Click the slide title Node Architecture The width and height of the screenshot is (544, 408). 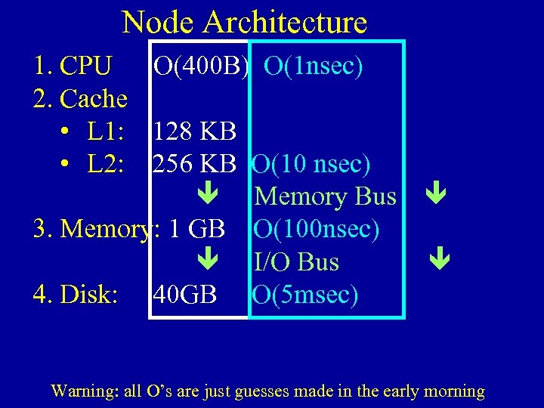tap(244, 23)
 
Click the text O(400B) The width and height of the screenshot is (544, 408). tap(200, 66)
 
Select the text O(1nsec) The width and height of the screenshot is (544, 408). tap(314, 66)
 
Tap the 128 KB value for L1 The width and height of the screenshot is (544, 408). tap(194, 131)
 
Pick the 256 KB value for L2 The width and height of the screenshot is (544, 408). tap(194, 164)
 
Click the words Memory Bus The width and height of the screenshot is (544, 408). tap(326, 196)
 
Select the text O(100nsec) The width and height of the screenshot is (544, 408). tap(317, 228)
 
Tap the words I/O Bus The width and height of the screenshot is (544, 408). tap(297, 261)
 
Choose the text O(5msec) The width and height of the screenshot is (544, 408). tap(305, 294)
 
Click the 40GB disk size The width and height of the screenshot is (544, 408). tap(184, 294)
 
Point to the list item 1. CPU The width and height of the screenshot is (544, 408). tap(73, 66)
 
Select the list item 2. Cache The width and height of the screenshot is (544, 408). tap(80, 99)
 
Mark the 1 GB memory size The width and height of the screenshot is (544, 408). tap(198, 228)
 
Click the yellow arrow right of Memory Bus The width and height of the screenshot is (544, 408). tap(436, 196)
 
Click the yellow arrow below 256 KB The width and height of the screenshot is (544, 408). tap(208, 196)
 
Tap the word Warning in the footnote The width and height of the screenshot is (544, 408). tap(78, 391)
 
